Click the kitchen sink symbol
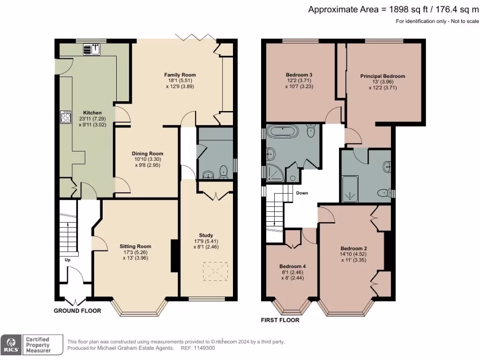pyautogui.click(x=92, y=49)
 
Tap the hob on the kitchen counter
pyautogui.click(x=65, y=117)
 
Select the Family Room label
pyautogui.click(x=180, y=75)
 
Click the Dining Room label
pyautogui.click(x=147, y=154)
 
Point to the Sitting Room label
pyautogui.click(x=135, y=246)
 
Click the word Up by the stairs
pyautogui.click(x=67, y=260)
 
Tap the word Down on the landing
pyautogui.click(x=302, y=193)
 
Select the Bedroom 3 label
pyautogui.click(x=299, y=75)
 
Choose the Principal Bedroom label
pyautogui.click(x=382, y=76)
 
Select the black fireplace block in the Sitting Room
pyautogui.click(x=174, y=255)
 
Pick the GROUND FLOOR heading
pyautogui.click(x=75, y=311)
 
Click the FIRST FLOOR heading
pyautogui.click(x=280, y=320)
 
